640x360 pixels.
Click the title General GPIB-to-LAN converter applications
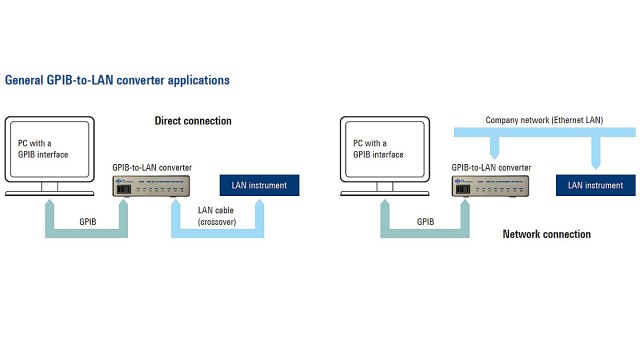click(118, 79)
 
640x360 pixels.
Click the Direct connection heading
click(193, 121)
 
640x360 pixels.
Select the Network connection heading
click(546, 234)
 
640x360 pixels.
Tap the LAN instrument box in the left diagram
click(260, 185)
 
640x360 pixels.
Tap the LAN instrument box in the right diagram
click(595, 185)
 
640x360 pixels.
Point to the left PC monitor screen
click(49, 149)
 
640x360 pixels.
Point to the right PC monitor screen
click(386, 149)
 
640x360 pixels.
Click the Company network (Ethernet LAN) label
click(545, 120)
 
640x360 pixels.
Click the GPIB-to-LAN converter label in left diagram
click(152, 166)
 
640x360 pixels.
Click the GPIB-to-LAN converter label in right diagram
click(490, 166)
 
